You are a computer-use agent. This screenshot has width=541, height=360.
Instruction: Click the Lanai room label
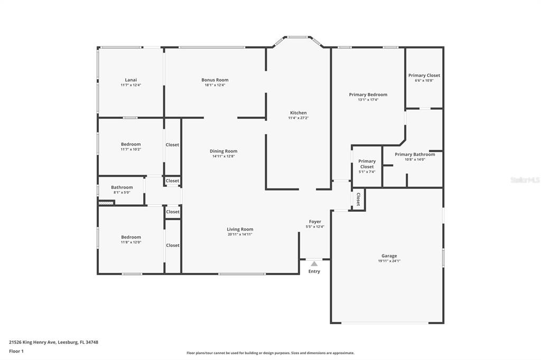131,80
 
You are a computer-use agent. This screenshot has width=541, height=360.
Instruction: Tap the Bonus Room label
215,80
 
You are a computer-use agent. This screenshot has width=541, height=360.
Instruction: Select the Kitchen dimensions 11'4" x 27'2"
299,118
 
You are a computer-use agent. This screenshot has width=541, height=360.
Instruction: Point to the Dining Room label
223,151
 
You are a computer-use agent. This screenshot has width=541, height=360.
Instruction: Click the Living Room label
240,229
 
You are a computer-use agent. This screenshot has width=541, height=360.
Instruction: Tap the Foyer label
315,222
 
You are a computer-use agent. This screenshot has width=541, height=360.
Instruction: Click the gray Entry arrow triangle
314,264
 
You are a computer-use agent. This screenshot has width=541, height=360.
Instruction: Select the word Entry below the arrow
314,271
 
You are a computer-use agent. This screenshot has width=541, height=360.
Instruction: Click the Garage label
389,256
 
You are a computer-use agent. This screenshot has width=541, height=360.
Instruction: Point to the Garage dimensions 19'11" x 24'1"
389,261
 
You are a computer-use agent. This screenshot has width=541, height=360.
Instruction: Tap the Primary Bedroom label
368,94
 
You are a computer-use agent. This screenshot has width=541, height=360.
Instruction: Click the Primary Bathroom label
415,155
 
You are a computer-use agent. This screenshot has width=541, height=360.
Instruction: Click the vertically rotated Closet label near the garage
358,200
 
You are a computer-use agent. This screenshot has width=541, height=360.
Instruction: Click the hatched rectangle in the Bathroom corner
106,203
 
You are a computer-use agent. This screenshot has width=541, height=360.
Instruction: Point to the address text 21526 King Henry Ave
32,343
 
